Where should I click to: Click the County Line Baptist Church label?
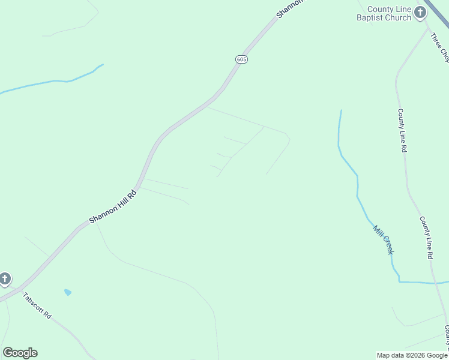coord(389,13)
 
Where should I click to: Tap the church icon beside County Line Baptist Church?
coord(420,12)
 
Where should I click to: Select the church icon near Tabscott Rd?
coord(5,279)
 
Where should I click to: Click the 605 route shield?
coord(241,59)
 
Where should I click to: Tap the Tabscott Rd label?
coord(37,305)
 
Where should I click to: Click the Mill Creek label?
coord(383,239)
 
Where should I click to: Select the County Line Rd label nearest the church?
coord(402,130)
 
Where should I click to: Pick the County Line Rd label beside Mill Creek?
coord(426,238)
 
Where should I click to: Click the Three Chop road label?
coord(440,47)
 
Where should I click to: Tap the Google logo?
coord(20,353)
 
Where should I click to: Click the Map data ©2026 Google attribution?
coord(412,355)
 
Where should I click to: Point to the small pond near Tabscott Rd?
coord(68,292)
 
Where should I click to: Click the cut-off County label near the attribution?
coord(447,336)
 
